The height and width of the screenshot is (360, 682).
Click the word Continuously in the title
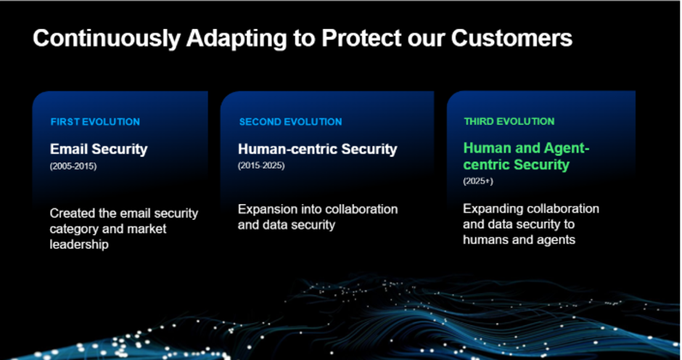(107, 39)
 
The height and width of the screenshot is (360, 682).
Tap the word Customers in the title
(511, 38)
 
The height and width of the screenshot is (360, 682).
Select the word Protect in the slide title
(362, 38)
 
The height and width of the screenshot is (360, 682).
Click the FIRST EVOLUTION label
(95, 122)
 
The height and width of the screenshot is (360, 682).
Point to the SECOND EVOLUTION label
(290, 122)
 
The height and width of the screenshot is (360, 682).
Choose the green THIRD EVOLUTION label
(509, 121)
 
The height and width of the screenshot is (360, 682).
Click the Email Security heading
(99, 150)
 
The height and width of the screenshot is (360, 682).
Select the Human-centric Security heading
(318, 150)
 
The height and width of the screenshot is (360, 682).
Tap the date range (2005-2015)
(73, 166)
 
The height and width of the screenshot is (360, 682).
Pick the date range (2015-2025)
(261, 165)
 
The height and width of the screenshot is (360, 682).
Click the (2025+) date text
(478, 181)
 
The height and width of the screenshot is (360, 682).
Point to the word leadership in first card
(79, 244)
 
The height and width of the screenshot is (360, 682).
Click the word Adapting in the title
(237, 39)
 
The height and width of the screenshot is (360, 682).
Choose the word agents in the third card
(556, 240)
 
